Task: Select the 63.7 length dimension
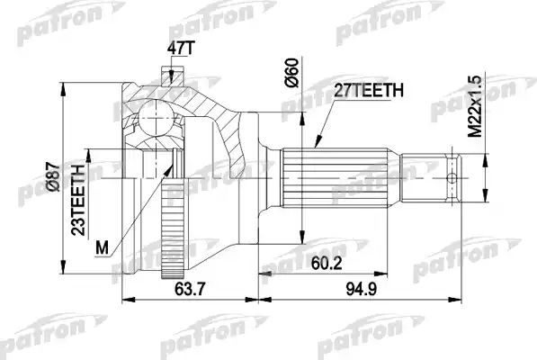coord(183,289)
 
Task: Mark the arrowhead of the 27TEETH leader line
coord(316,143)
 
